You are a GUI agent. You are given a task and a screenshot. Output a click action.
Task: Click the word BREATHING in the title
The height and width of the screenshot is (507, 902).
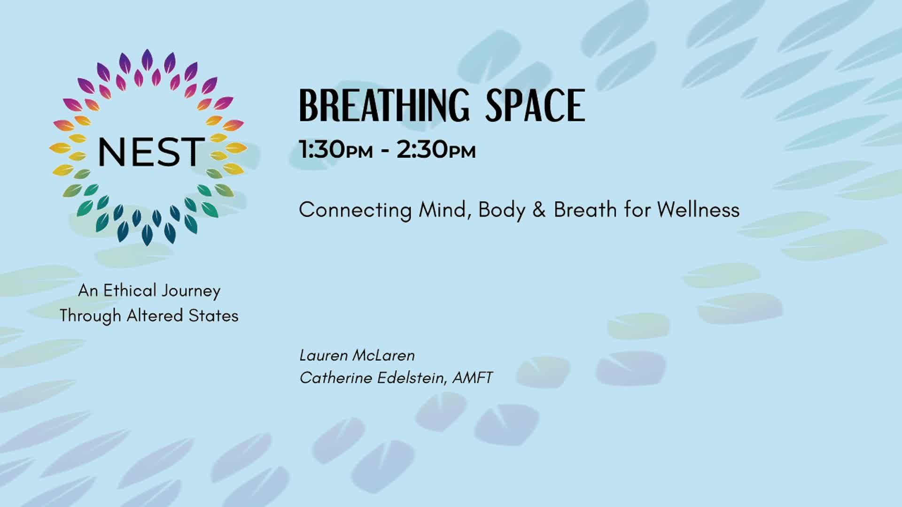click(384, 106)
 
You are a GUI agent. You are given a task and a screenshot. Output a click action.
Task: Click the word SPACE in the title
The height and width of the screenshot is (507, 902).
click(535, 106)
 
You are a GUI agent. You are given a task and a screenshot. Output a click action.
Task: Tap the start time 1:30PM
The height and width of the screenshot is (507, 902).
click(336, 150)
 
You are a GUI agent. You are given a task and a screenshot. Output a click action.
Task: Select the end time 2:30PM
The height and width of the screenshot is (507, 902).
click(436, 150)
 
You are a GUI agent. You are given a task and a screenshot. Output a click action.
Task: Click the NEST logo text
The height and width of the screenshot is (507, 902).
click(151, 152)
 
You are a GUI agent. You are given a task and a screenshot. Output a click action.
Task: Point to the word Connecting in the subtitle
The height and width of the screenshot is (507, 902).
click(355, 210)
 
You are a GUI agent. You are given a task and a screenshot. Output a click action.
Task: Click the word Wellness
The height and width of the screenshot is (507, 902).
click(698, 209)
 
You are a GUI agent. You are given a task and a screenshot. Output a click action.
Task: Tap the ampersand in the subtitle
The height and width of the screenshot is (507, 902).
click(539, 210)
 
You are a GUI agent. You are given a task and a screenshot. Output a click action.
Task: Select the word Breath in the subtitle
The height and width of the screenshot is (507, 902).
click(585, 209)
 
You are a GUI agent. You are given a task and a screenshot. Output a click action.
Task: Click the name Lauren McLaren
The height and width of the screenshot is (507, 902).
click(357, 355)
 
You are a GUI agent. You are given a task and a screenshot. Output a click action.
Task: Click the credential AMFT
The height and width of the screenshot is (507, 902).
click(473, 378)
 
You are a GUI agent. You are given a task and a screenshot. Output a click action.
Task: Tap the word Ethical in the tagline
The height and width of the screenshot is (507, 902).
click(129, 291)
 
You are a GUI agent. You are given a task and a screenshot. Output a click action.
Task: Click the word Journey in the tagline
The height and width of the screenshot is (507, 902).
click(190, 291)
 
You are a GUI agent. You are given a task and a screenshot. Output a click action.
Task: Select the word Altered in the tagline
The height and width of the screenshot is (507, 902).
click(155, 315)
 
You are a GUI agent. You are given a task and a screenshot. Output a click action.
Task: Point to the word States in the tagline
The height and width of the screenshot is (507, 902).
click(213, 315)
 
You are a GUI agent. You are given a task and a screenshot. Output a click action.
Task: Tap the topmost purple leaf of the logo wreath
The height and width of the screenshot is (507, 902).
click(147, 60)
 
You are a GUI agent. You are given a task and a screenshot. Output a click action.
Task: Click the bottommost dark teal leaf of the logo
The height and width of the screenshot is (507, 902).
click(147, 235)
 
